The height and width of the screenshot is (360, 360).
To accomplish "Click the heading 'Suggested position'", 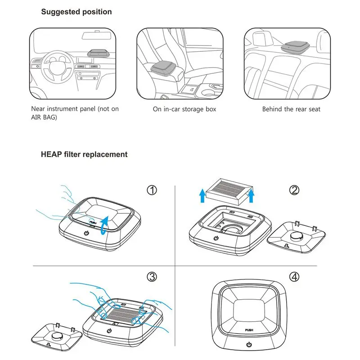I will pos(76,12).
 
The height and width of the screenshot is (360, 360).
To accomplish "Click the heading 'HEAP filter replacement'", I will pos(84,154).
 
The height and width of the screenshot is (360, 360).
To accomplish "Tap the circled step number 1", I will pos(153,190).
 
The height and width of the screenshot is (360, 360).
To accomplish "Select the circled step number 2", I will pos(294,190).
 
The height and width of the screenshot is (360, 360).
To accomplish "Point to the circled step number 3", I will pos(153,277).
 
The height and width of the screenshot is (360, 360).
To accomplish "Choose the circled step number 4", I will pos(294,277).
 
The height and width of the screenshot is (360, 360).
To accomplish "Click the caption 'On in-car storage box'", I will pos(184,109).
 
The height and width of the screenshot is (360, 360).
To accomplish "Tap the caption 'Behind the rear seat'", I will pos(292,109).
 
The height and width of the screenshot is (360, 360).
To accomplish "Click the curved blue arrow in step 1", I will pos(104,224).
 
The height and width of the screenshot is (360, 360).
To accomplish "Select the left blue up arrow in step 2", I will pos(202,196).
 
